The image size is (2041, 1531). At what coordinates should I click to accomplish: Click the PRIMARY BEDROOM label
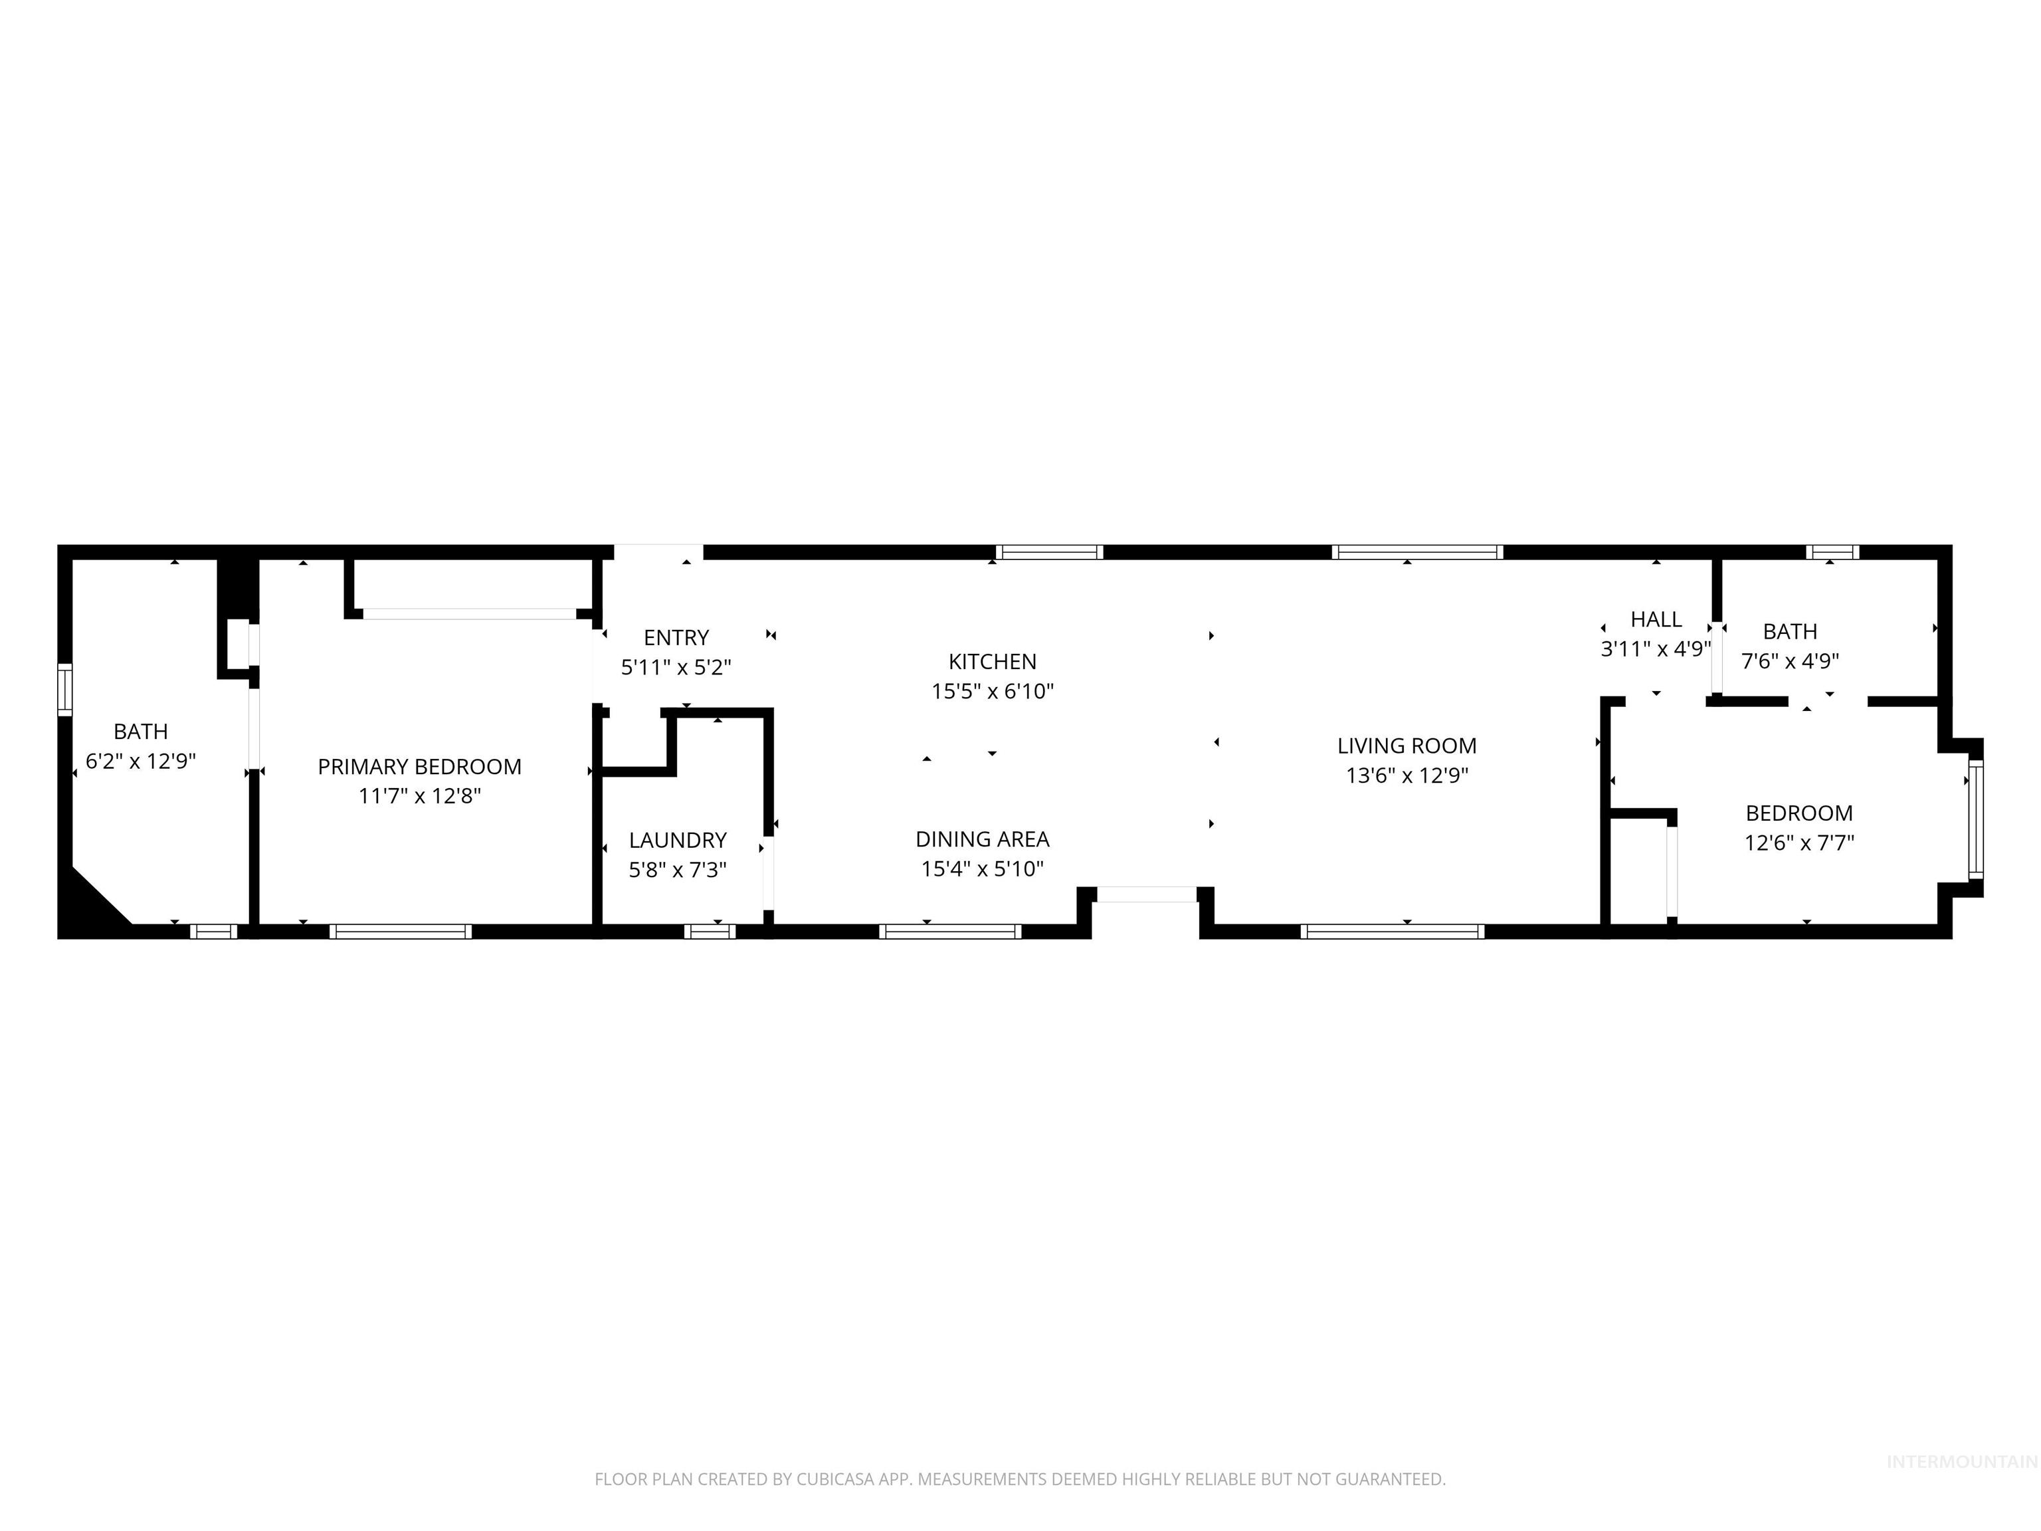point(419,766)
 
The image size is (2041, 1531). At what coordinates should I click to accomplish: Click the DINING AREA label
point(982,839)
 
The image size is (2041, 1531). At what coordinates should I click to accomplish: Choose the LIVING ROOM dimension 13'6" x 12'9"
point(1407,775)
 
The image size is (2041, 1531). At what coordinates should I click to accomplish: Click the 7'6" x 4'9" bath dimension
point(1789,661)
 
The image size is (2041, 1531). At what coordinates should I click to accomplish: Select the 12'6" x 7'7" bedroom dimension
point(1798,843)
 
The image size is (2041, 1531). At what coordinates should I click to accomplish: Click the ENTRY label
point(676,638)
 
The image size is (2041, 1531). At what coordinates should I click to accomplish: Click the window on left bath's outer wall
point(64,688)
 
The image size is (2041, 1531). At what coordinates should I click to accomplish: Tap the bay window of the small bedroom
point(1975,819)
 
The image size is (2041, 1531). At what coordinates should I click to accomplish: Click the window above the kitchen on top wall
point(1049,553)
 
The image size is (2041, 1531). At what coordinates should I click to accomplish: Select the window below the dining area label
point(949,931)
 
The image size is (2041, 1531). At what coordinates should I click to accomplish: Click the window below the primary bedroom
point(401,931)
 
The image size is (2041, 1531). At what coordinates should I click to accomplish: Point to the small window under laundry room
point(709,931)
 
